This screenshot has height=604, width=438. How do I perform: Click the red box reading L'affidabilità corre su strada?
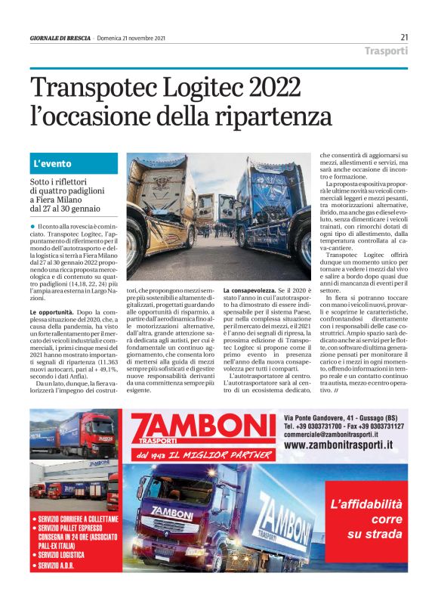coord(366,519)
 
